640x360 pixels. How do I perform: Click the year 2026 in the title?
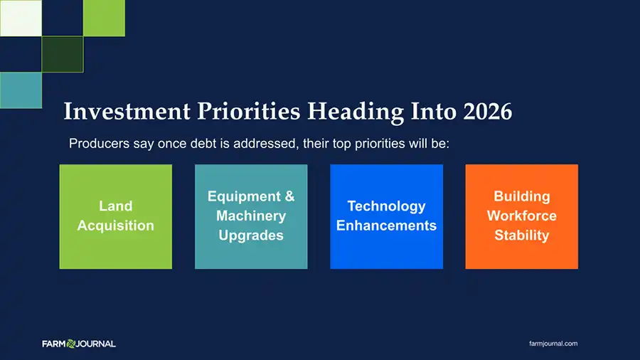(487, 111)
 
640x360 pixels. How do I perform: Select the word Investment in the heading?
(127, 111)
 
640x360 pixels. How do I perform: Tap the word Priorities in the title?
(249, 112)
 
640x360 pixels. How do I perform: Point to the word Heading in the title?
(356, 112)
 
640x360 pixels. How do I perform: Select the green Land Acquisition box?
(116, 217)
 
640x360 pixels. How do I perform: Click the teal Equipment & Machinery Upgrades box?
(251, 217)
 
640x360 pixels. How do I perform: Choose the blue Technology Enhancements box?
(387, 217)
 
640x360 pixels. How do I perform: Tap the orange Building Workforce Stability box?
(522, 217)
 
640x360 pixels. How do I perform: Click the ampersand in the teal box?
(290, 196)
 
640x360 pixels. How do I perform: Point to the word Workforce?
(522, 216)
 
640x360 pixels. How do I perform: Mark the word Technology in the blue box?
(387, 206)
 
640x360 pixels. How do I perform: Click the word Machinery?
(251, 216)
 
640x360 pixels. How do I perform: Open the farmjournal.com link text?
(553, 344)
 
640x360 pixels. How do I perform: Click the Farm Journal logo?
(79, 344)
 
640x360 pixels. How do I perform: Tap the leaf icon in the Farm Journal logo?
(71, 344)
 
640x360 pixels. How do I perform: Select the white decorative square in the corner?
(21, 18)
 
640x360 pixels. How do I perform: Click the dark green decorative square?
(63, 54)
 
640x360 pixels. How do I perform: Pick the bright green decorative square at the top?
(104, 18)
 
